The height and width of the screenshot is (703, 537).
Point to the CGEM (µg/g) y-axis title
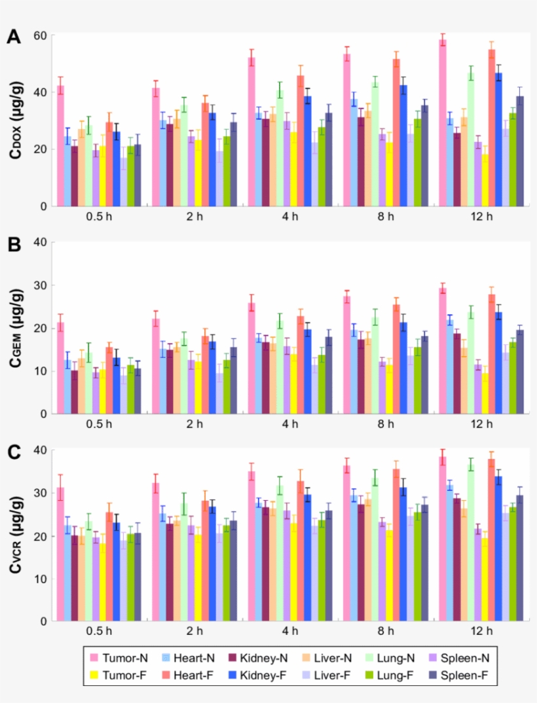(15, 327)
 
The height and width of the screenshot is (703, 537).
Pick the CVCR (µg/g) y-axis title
(15, 535)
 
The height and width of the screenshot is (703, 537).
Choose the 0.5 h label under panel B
(99, 424)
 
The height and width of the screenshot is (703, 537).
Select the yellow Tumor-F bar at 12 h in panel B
(485, 393)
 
